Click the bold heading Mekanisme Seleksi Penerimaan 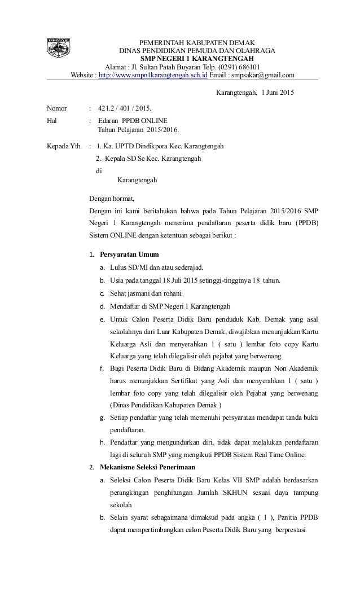[147, 467]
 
